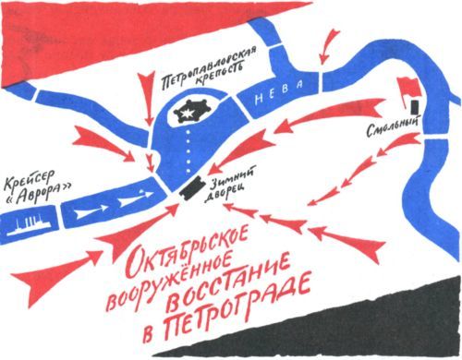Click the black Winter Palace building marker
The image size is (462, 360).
(191, 185)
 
